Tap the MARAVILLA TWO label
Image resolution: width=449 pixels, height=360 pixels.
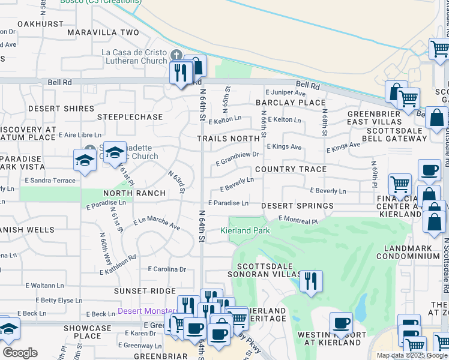[103, 32]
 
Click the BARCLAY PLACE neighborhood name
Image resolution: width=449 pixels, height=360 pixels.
[291, 103]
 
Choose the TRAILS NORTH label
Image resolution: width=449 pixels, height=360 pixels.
[228, 139]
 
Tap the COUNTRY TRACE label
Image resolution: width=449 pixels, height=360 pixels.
[291, 169]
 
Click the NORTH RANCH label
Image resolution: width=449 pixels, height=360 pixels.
[134, 193]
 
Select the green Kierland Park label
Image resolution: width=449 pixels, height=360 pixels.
[245, 230]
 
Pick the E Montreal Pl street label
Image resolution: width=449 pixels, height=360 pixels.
[298, 220]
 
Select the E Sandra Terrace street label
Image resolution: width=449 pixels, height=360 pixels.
[50, 180]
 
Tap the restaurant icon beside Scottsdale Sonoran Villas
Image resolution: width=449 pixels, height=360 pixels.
[311, 280]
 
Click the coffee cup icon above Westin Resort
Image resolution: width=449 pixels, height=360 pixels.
[341, 322]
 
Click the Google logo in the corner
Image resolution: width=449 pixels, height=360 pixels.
[20, 353]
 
